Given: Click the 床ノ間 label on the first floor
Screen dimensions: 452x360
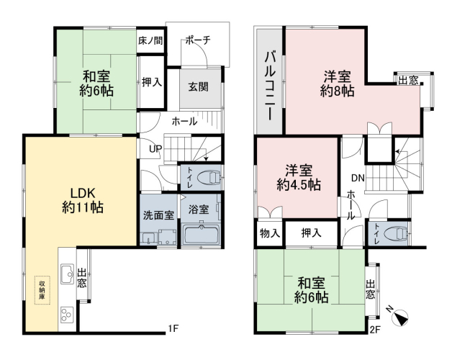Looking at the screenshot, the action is point(150,40).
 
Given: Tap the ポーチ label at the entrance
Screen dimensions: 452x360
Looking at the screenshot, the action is point(198,40).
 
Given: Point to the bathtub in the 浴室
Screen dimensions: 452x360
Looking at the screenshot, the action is point(201,235).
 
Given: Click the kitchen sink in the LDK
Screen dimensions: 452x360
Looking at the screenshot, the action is point(67,274).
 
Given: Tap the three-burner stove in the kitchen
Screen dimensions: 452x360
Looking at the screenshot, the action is point(67,315).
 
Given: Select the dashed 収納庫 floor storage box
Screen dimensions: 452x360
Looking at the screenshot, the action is point(42,290).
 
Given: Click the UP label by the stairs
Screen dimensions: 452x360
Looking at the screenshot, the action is point(155,149).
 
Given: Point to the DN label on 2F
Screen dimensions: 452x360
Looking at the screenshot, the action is point(358,178).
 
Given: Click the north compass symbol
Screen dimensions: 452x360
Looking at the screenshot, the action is point(399,316).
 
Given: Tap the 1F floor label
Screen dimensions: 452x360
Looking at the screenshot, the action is point(173,328).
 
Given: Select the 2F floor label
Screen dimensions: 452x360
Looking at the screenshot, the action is point(375,330).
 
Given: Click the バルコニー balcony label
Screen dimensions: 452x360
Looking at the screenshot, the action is point(269,86).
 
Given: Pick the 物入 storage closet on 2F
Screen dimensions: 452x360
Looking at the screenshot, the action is point(269,233).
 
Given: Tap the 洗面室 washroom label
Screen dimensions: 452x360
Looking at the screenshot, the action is point(158,215).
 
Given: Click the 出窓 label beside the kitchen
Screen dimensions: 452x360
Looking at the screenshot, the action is point(82,278).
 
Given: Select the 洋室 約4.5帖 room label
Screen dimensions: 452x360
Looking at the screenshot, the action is point(299,178).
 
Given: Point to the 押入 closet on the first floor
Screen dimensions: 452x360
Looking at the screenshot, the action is point(152,82).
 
